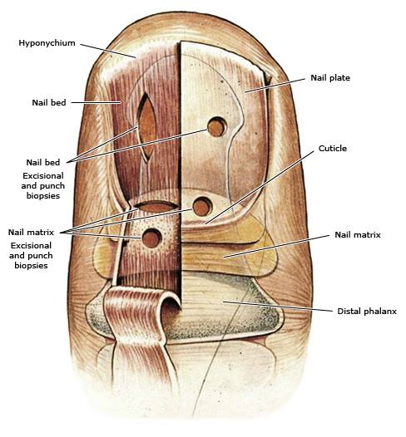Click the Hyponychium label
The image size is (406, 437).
pyautogui.click(x=47, y=43)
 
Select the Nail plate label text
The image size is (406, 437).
pyautogui.click(x=330, y=78)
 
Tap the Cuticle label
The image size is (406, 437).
pyautogui.click(x=333, y=148)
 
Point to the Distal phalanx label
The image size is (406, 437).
pyautogui.click(x=367, y=311)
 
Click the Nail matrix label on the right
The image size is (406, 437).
pyautogui.click(x=358, y=234)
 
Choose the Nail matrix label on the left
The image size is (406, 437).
pyautogui.click(x=31, y=232)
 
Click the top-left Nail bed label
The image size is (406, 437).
pyautogui.click(x=49, y=102)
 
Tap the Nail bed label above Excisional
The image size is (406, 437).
pyautogui.click(x=43, y=162)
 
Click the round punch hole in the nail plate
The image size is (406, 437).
pyautogui.click(x=217, y=127)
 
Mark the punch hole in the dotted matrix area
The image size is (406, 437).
pyautogui.click(x=151, y=238)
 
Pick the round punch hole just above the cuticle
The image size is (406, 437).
pyautogui.click(x=202, y=207)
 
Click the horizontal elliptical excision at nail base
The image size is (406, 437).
pyautogui.click(x=156, y=206)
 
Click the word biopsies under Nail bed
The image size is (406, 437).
pyautogui.click(x=43, y=195)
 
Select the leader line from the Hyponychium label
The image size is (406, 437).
pyautogui.click(x=108, y=51)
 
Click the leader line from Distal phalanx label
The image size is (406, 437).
pyautogui.click(x=278, y=306)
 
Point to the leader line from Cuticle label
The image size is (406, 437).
pyautogui.click(x=260, y=188)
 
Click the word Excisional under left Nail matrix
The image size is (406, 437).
pyautogui.click(x=31, y=246)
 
